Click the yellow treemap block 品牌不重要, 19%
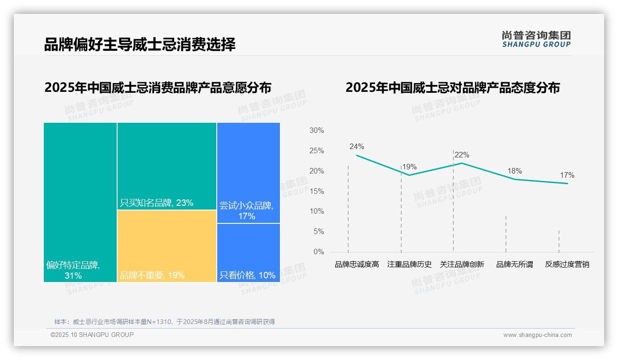[166, 246]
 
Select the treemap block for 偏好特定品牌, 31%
[80, 202]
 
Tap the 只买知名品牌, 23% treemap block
[166, 166]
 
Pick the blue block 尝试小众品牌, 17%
[248, 173]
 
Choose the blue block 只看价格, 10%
[248, 252]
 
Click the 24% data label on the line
[357, 147]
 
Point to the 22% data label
[462, 155]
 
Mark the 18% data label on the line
[514, 171]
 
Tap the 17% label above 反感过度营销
[567, 175]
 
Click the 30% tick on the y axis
[316, 131]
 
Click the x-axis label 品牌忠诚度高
[357, 264]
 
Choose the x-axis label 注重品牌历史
[409, 264]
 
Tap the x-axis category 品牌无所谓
[514, 264]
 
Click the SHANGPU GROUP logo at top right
[536, 39]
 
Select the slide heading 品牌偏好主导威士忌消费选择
[140, 44]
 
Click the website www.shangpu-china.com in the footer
[537, 335]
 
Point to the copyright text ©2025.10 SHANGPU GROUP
[92, 335]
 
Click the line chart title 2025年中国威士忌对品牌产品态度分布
[452, 88]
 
